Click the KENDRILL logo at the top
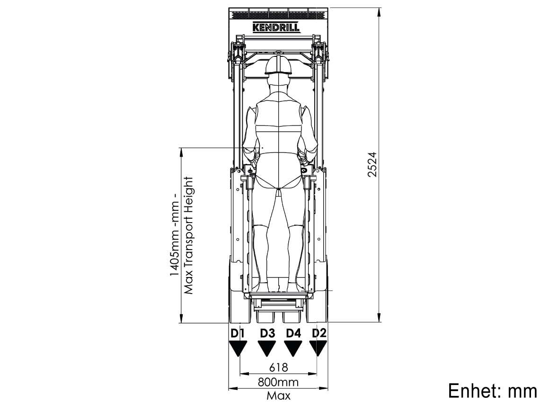click(276, 27)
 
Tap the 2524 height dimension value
click(372, 164)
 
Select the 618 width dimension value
click(279, 367)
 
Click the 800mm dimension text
click(278, 382)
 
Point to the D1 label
click(238, 333)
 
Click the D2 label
click(319, 333)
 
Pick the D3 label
click(267, 333)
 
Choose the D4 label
click(293, 333)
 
